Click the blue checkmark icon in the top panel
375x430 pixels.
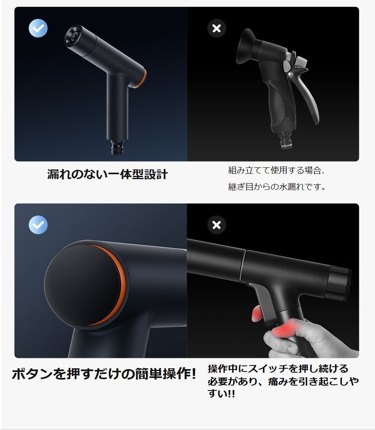click(38, 28)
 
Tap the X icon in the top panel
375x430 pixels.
click(217, 28)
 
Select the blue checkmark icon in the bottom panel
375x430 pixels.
click(38, 225)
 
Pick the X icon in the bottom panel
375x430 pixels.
click(217, 225)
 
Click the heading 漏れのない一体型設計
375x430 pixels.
click(107, 174)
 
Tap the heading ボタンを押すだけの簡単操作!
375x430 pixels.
click(104, 374)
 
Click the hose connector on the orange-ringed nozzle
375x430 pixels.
click(118, 148)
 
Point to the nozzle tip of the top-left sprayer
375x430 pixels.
click(73, 35)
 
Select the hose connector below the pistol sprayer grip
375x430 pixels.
click(285, 140)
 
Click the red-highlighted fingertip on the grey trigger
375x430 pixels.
click(257, 314)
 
